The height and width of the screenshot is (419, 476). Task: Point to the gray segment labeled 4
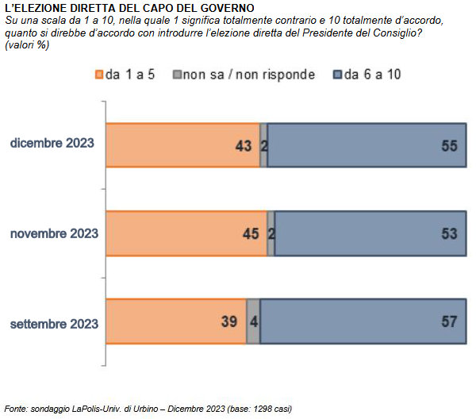(253, 321)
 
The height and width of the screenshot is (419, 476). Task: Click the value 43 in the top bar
(243, 146)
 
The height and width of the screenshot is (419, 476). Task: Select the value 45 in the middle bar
(250, 234)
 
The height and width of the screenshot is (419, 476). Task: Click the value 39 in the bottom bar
(228, 322)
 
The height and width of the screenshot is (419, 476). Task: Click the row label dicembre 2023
(52, 144)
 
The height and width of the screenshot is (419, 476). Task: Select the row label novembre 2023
(53, 233)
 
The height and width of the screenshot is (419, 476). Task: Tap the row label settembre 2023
(53, 324)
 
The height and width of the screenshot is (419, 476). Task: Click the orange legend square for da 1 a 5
(99, 75)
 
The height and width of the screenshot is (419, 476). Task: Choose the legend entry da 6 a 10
(372, 75)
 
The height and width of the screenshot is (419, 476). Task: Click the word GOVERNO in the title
(221, 8)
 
